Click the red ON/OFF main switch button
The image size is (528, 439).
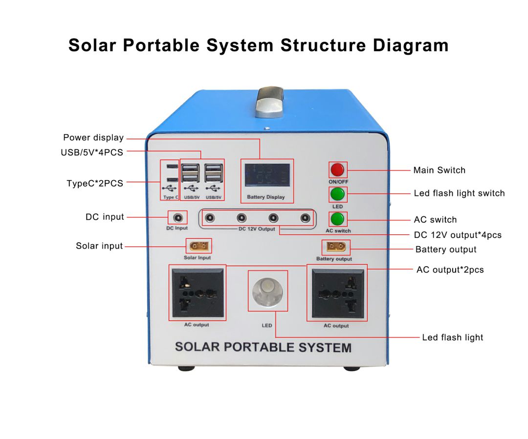(x=337, y=170)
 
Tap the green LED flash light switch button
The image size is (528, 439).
(x=337, y=194)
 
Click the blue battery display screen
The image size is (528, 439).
(x=267, y=175)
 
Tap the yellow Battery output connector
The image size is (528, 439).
(x=336, y=247)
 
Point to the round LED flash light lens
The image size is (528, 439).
(x=267, y=292)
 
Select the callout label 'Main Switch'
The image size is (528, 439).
(x=439, y=170)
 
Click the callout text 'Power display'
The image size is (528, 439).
(x=93, y=138)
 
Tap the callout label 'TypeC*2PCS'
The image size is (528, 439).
(x=95, y=184)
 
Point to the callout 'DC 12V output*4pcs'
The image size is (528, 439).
(x=458, y=235)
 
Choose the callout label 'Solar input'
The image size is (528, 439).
(x=99, y=246)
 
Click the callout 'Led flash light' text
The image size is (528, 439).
(x=452, y=337)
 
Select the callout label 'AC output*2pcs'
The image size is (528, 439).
(x=450, y=270)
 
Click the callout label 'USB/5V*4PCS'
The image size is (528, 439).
(x=92, y=152)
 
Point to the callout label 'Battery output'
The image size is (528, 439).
(x=445, y=250)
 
